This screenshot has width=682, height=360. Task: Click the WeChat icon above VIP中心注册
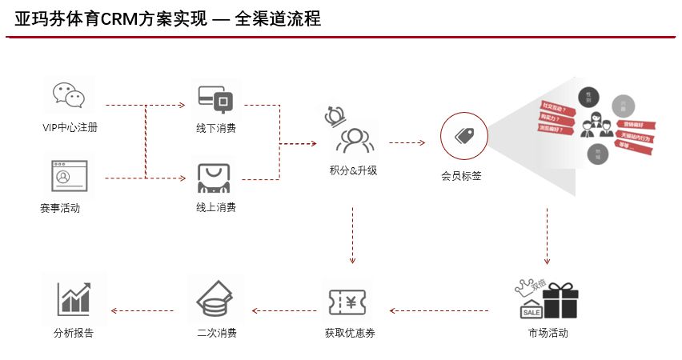[68, 95]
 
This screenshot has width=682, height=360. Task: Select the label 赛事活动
[60, 208]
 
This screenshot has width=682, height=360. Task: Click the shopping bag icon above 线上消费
[215, 178]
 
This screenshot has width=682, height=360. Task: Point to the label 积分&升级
[353, 170]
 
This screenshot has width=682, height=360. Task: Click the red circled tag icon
[463, 135]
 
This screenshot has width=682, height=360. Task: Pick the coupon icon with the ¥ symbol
[350, 301]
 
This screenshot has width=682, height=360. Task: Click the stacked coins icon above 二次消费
[215, 299]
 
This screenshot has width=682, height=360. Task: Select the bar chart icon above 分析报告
[73, 298]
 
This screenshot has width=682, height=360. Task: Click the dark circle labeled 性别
[589, 97]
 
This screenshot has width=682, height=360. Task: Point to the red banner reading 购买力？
[555, 118]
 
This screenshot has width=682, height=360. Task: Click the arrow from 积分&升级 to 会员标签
[406, 143]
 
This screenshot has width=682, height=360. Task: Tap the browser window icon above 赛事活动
[69, 175]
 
